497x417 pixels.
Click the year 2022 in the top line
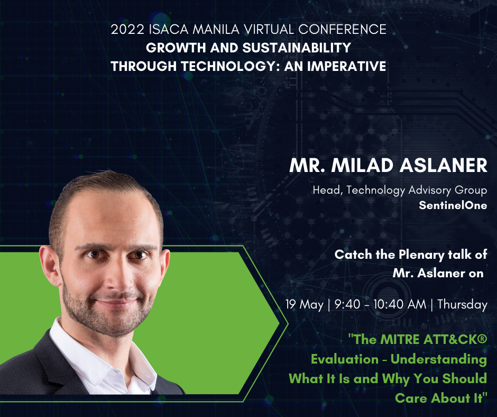(128, 30)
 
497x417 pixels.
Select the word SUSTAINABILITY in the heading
(297, 48)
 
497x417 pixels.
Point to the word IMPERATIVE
(346, 66)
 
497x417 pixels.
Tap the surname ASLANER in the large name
(443, 165)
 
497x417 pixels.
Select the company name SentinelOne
(453, 205)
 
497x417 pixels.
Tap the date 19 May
(305, 305)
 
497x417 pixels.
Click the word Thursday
(463, 305)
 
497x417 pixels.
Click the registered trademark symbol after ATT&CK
(482, 338)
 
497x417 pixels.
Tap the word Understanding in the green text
(439, 359)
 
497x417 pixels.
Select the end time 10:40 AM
(400, 305)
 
